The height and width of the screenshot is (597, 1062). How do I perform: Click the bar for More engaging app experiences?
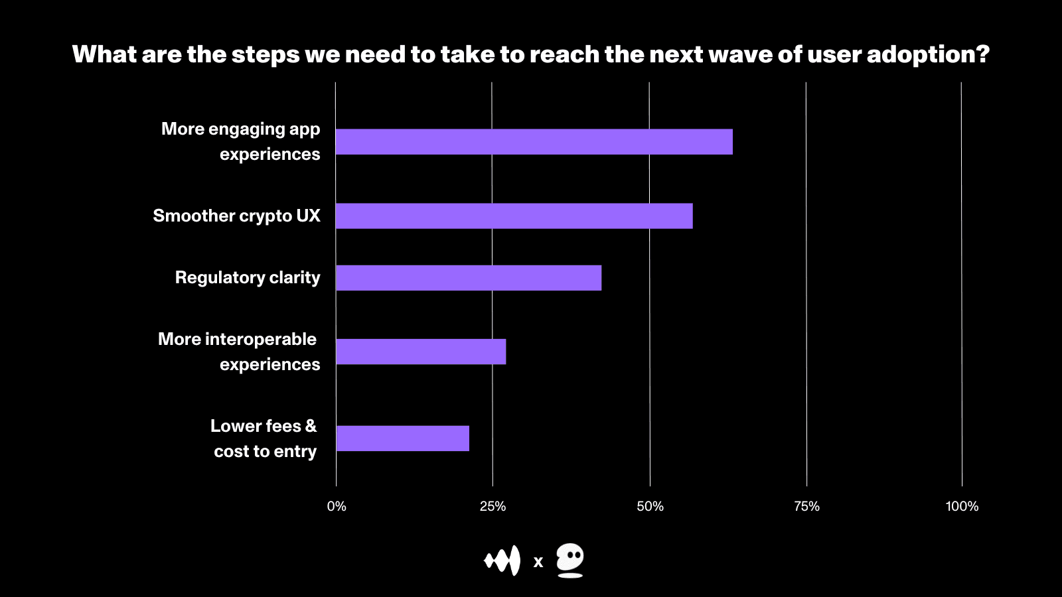pos(534,142)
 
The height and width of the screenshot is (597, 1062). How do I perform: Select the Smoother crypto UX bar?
pos(514,216)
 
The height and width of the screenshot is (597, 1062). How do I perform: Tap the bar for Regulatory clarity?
pos(469,278)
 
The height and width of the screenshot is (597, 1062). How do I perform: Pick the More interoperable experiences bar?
pos(421,352)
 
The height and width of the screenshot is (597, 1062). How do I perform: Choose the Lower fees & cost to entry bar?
pos(403,438)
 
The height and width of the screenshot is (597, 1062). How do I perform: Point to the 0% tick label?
pos(337,507)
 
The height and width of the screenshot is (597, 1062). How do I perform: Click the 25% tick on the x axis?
pos(493,507)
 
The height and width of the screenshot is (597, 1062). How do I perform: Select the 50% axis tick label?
pos(650,507)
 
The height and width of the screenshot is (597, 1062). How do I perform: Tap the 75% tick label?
pos(806,507)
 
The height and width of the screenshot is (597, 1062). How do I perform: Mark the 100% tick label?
pos(962,507)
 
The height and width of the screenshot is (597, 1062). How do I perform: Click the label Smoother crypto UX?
pos(236,216)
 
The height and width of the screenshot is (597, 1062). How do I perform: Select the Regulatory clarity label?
pos(248,278)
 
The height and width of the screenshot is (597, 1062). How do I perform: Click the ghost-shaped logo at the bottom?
pos(570,561)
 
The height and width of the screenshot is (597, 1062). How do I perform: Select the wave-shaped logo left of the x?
pos(502,561)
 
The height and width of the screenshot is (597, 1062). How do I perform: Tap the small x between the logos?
pos(538,563)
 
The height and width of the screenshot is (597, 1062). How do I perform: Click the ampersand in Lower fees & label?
pos(311,426)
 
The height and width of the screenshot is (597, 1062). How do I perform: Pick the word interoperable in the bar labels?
pos(261,340)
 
